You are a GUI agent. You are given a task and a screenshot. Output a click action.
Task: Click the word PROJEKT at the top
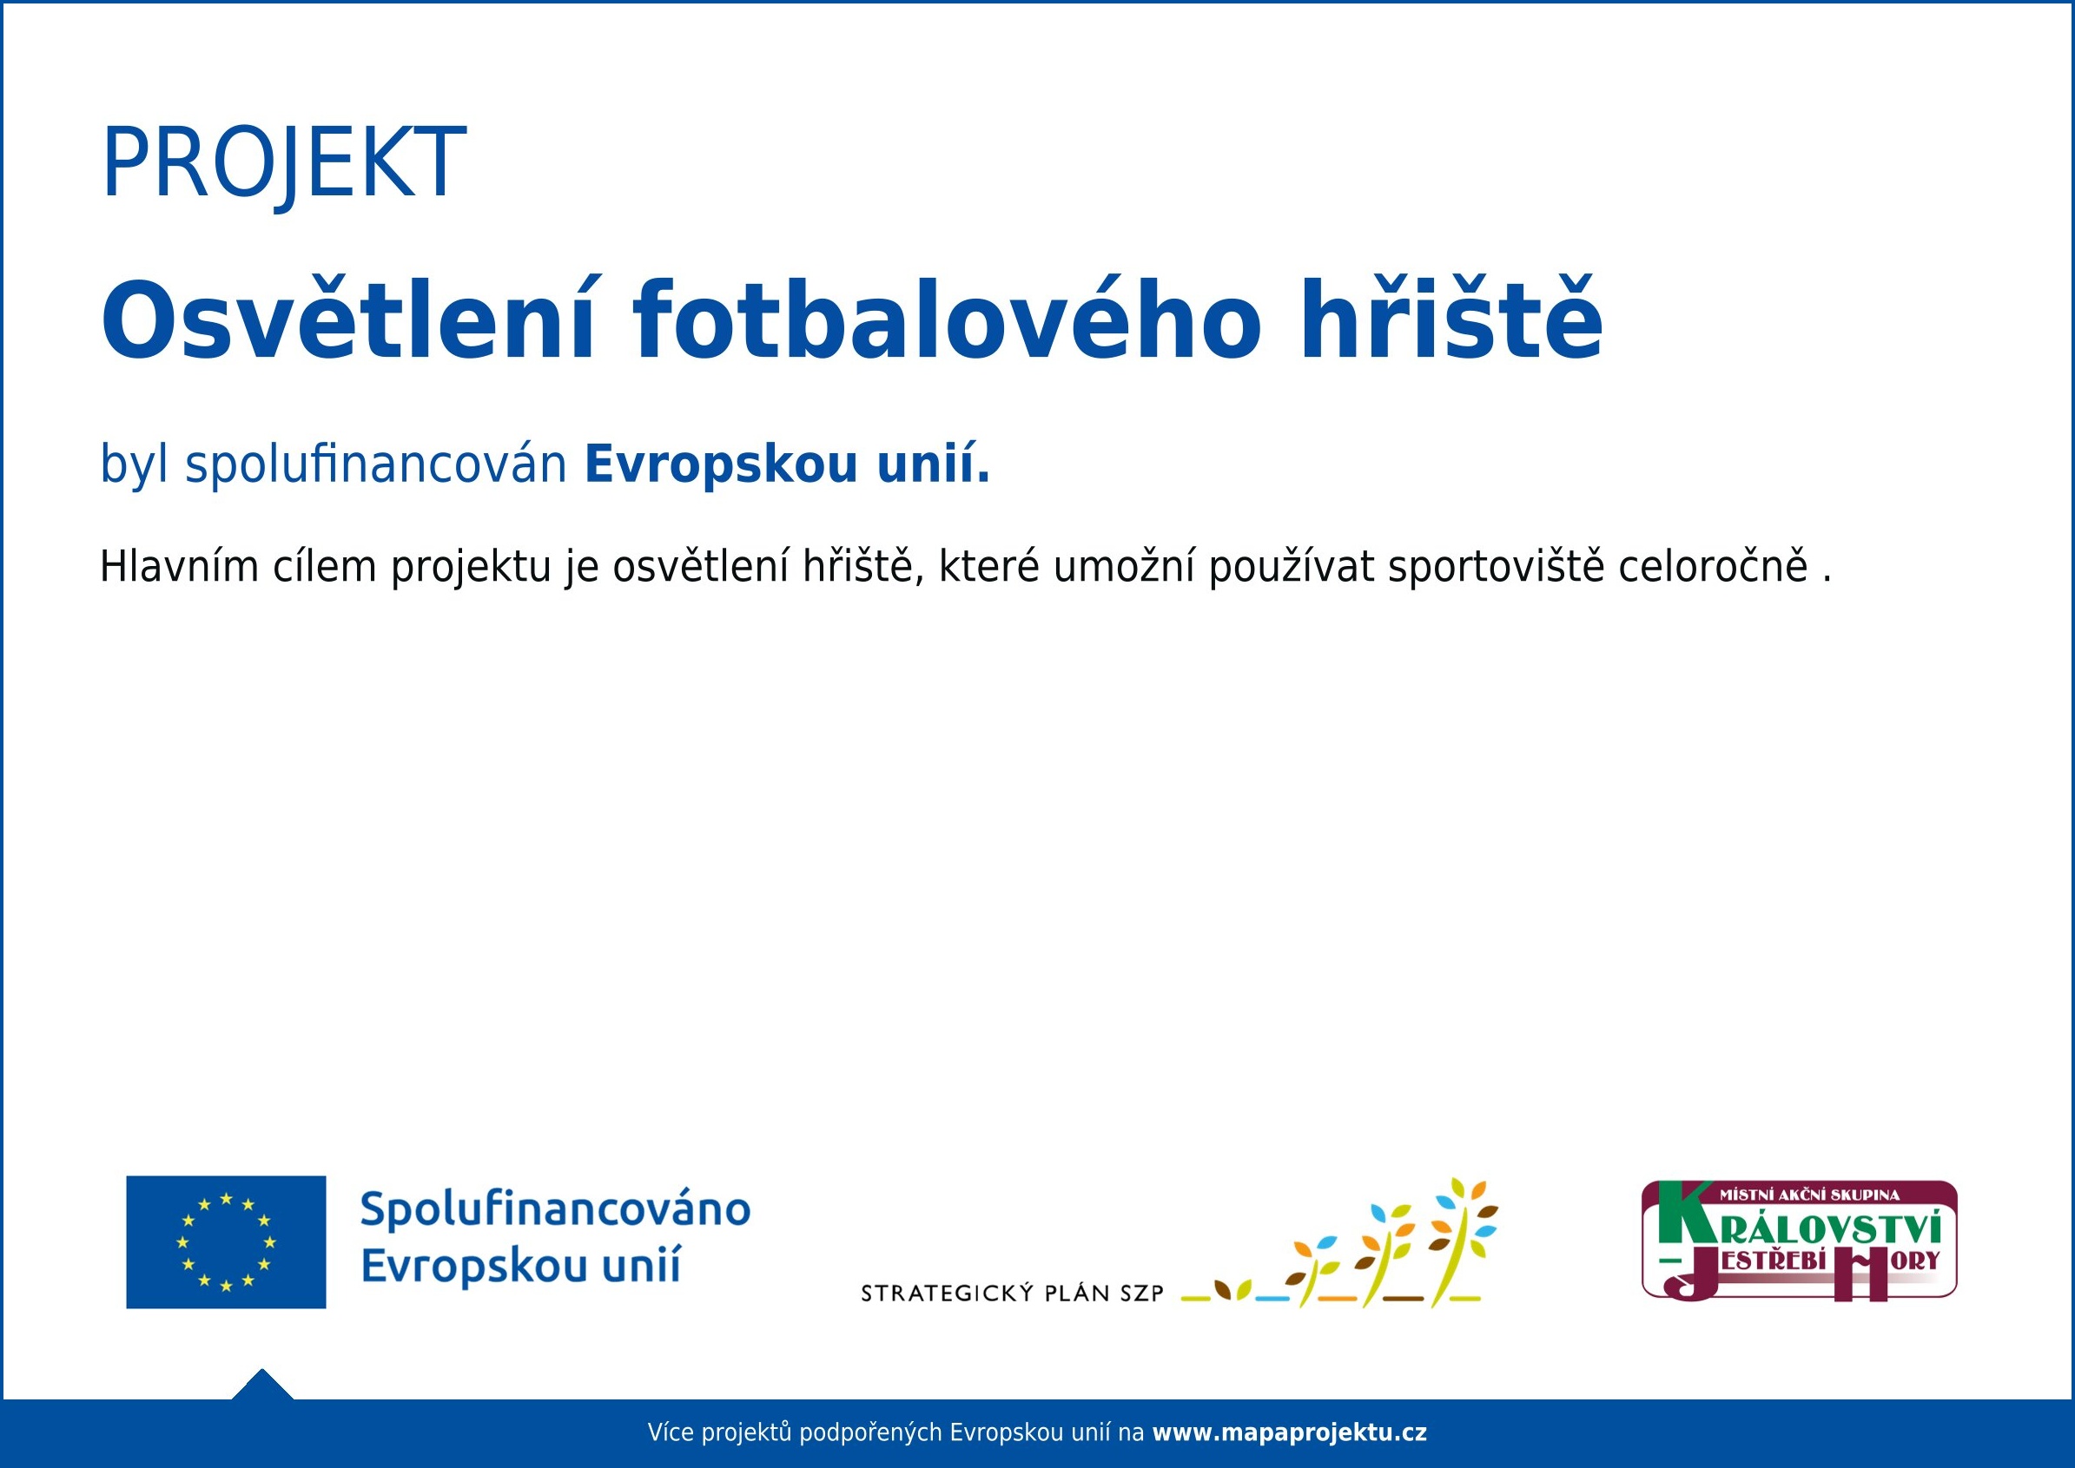(x=283, y=163)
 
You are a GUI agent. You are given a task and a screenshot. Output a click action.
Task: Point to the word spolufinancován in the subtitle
(x=376, y=464)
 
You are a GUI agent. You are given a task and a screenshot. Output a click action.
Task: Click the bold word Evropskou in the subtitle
(x=721, y=464)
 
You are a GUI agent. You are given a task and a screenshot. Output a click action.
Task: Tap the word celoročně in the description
(x=1715, y=567)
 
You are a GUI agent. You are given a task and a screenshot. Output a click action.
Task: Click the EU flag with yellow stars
(x=226, y=1242)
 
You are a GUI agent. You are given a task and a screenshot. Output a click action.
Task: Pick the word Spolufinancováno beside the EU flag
(x=555, y=1210)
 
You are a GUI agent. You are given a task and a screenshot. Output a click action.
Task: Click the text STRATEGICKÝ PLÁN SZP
(x=1013, y=1293)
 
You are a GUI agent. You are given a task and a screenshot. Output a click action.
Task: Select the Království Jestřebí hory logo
(x=1800, y=1241)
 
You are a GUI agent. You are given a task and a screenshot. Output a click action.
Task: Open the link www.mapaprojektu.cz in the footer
(x=1289, y=1432)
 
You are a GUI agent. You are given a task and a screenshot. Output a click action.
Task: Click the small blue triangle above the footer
(x=262, y=1386)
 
